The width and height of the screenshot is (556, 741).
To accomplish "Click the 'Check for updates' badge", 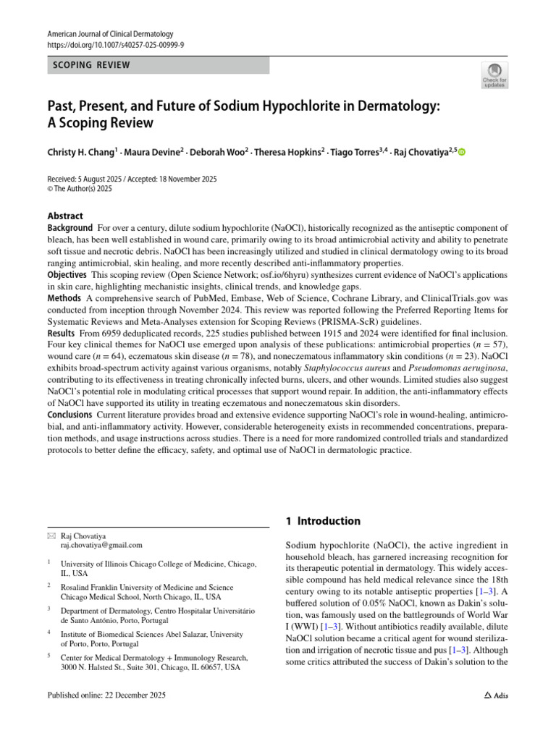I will click(x=494, y=75).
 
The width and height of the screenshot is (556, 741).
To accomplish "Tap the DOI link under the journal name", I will click(x=115, y=44).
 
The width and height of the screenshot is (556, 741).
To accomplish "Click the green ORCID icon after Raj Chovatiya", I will click(x=462, y=153).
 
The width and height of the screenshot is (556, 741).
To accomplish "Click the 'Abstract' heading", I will click(x=65, y=216).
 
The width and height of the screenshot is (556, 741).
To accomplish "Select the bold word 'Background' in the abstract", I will click(x=70, y=228).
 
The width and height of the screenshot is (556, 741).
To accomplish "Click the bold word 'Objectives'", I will click(x=67, y=275).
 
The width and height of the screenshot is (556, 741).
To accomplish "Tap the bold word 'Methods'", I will click(x=64, y=298).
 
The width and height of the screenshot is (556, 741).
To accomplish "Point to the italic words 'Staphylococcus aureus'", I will click(x=328, y=368).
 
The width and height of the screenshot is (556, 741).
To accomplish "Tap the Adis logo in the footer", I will click(x=496, y=696).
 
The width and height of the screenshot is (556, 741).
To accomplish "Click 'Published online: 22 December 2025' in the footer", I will click(x=106, y=696).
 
